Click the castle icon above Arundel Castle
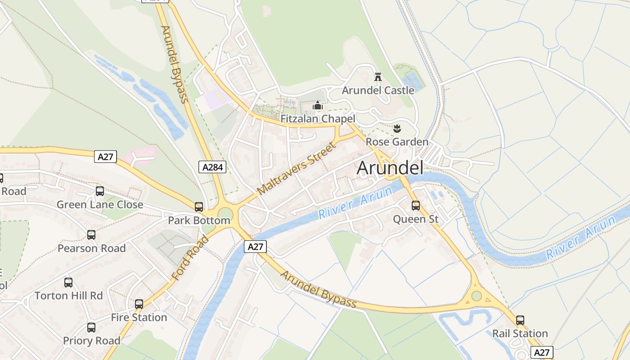[x=378, y=77]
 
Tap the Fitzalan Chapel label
[x=318, y=119]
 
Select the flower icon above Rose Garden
[x=397, y=129]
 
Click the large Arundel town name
[x=390, y=168]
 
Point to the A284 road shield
[x=212, y=167]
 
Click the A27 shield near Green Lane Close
[x=106, y=157]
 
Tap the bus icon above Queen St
[x=416, y=206]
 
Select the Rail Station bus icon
[x=520, y=320]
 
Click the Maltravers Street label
[x=297, y=169]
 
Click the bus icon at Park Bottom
[x=199, y=207]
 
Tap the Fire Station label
[x=139, y=317]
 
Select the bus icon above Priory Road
[x=91, y=327]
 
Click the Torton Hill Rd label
[x=69, y=296]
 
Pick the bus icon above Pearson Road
[x=91, y=235]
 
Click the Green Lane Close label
[x=99, y=205]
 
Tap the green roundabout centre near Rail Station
[x=477, y=296]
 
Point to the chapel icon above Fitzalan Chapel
[x=318, y=106]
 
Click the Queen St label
[x=415, y=219]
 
